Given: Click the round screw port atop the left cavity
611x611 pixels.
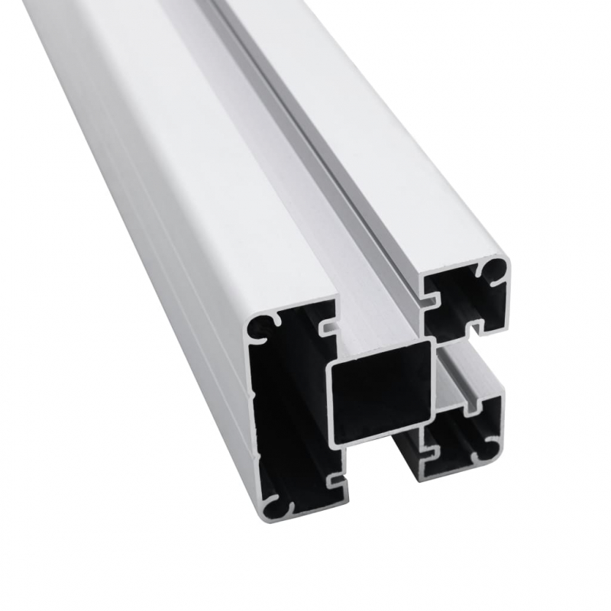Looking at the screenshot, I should pos(262,326).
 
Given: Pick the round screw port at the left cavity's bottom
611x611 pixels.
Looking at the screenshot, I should pos(276,505).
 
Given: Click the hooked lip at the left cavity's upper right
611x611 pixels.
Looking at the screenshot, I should pos(328,328).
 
